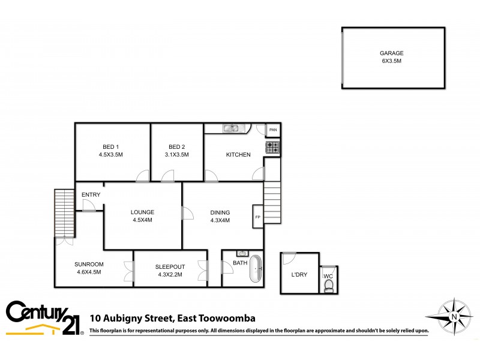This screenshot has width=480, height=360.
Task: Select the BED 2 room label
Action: tap(176, 147)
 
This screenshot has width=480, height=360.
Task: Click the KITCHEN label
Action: tap(238, 155)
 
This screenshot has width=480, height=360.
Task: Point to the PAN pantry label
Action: tap(273, 130)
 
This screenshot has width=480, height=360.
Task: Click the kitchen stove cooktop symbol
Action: tap(273, 146)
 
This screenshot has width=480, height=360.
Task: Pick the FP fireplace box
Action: tap(257, 217)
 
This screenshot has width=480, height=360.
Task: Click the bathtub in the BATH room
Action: tap(256, 269)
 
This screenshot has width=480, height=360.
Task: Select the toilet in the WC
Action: tap(328, 288)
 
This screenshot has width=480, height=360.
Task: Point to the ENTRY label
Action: tap(91, 194)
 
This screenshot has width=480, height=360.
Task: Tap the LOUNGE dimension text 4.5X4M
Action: tap(143, 220)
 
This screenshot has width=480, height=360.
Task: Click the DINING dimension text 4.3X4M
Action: tap(220, 220)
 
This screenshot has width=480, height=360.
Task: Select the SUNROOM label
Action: tap(89, 265)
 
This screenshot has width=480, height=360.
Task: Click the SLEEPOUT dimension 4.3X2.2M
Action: tap(170, 274)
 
